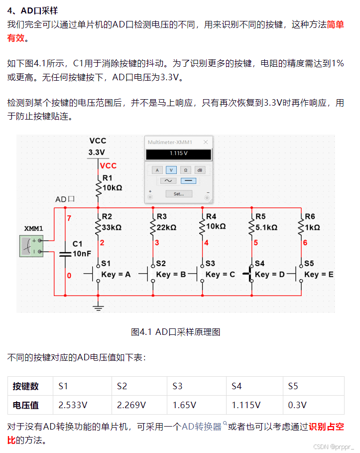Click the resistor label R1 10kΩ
coord(112,183)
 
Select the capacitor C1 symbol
coord(65,254)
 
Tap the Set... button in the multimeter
coord(178,194)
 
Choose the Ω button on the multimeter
coord(185,170)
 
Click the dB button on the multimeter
coord(200,170)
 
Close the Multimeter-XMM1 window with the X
coord(206,142)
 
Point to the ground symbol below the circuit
coord(99,307)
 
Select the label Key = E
coord(319,275)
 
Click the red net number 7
coord(69,218)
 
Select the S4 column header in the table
coord(237,386)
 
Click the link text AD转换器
coord(201,427)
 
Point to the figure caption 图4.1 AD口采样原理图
coord(175,332)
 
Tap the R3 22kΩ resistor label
coord(166,222)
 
